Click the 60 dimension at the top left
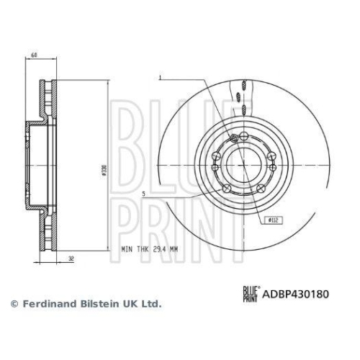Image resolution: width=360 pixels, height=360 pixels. coord(34,55)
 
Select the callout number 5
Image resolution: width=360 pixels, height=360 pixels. coord(145,194)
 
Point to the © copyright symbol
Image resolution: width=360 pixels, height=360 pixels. coord(13,305)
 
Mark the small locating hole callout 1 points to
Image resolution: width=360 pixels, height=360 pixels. coord(232,138)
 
